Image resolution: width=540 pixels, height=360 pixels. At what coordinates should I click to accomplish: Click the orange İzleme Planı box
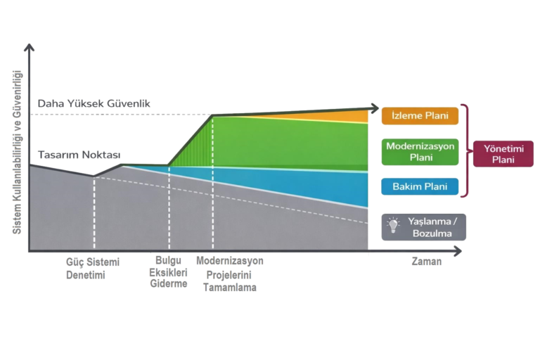pos(420,115)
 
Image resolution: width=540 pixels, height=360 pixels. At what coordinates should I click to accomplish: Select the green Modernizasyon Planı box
pos(420,151)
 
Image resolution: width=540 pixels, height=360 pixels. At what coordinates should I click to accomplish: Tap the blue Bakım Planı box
pos(420,186)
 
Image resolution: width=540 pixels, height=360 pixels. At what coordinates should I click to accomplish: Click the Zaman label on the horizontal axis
pos(426,262)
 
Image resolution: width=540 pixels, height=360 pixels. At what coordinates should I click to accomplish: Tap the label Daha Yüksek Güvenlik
pos(94,104)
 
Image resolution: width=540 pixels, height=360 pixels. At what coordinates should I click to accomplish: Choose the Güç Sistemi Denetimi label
pos(93,268)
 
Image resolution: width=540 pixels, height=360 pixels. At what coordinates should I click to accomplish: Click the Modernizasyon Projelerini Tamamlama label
pos(229,274)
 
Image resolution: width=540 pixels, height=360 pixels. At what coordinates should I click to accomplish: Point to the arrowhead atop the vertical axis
pos(30,49)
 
